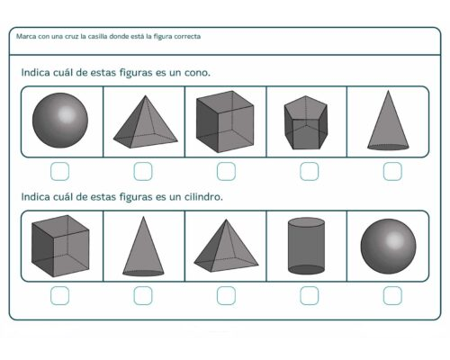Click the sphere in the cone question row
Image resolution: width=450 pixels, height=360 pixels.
point(61,121)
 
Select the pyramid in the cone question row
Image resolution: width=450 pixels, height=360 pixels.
point(144,122)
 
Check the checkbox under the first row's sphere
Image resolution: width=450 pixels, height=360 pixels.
point(60,170)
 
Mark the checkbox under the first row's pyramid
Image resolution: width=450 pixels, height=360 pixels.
point(143,170)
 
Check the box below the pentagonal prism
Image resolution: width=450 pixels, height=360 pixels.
point(309,170)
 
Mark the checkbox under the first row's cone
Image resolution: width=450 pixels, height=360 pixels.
point(391,170)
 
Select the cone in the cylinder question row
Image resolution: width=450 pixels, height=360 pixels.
point(143,246)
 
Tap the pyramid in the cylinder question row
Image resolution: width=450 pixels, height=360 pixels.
point(225,246)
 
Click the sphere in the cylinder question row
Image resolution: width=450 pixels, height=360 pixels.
point(389,246)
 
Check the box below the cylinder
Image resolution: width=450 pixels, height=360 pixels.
point(309,294)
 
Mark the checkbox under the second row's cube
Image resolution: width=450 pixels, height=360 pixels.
point(60,294)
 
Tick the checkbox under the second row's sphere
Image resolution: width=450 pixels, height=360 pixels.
point(391,294)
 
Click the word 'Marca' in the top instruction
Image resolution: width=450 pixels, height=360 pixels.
point(27,37)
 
